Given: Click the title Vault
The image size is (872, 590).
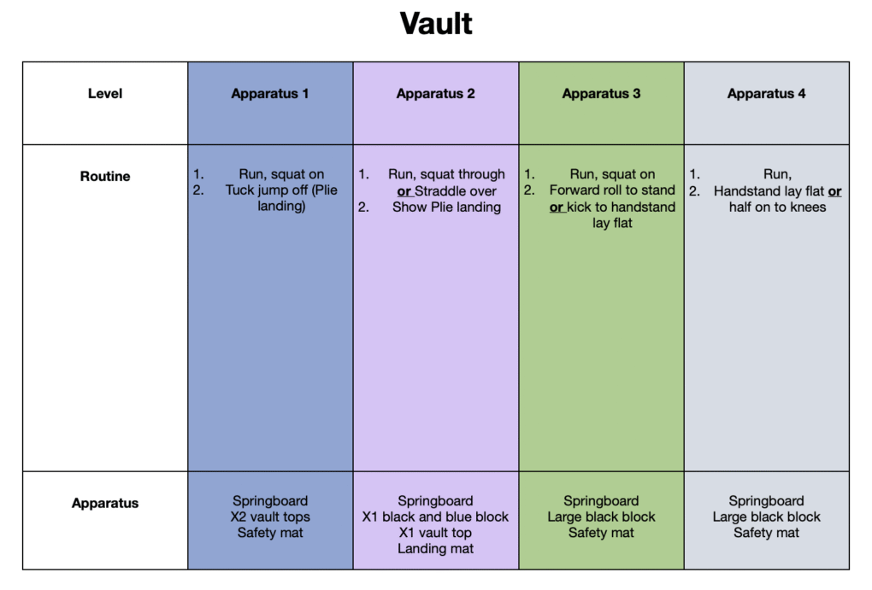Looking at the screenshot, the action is click(x=436, y=23).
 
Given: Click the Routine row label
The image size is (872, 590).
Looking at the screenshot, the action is click(x=105, y=176).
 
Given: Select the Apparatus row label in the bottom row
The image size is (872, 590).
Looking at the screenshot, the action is click(x=105, y=503).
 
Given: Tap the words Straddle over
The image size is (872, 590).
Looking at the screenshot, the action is click(x=456, y=191).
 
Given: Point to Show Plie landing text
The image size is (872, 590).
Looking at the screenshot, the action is click(x=446, y=207).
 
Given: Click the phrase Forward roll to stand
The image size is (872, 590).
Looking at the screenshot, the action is click(x=612, y=190).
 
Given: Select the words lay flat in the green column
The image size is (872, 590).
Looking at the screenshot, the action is click(x=612, y=224).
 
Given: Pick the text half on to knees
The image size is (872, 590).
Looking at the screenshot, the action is click(x=777, y=207).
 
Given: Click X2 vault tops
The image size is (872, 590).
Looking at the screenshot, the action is click(x=270, y=517).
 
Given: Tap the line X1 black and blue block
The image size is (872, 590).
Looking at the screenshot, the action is click(x=435, y=517).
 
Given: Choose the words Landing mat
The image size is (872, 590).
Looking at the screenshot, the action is click(x=435, y=549).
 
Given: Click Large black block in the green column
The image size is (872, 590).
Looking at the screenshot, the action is click(x=601, y=517).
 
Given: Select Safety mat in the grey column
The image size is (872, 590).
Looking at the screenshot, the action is click(x=766, y=534).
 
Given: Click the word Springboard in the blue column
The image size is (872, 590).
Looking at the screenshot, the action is click(x=270, y=501).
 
